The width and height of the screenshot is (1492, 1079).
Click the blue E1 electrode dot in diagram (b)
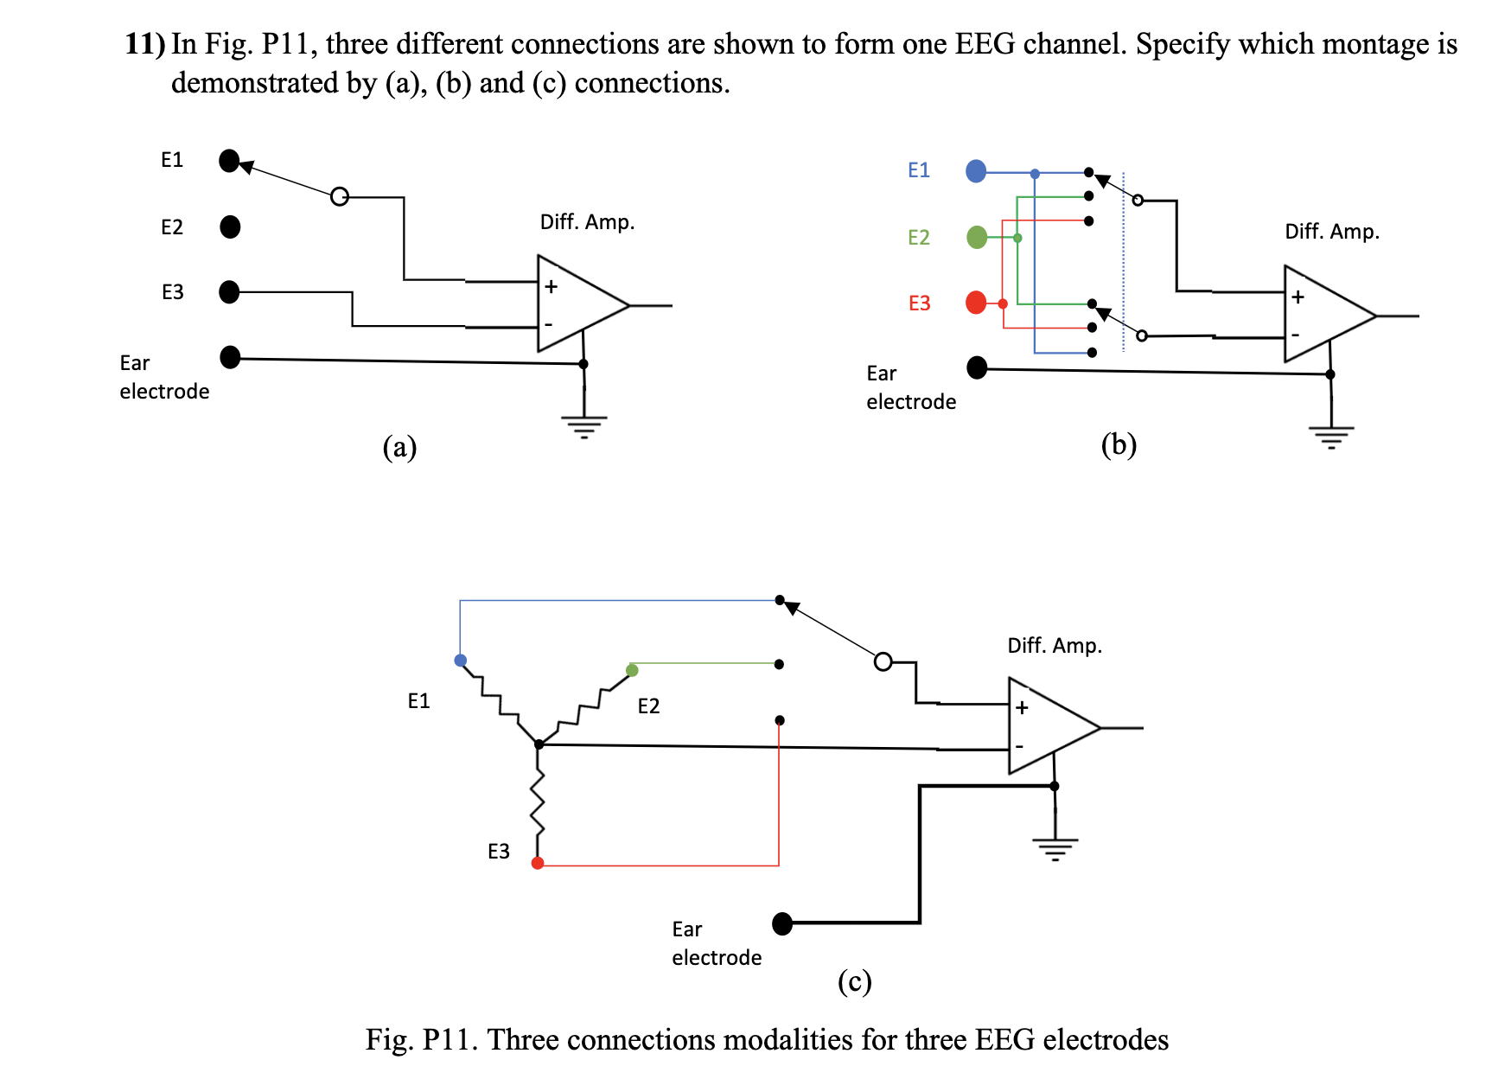976,171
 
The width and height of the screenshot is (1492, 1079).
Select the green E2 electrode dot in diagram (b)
977,237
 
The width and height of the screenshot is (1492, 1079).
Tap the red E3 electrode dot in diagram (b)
976,303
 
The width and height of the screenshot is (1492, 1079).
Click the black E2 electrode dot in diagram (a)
230,227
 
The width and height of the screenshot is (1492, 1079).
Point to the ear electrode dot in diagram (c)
782,923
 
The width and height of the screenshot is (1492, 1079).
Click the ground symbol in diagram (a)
584,426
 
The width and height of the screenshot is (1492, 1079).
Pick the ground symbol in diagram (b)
1331,437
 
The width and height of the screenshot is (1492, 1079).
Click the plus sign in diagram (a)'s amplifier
551,286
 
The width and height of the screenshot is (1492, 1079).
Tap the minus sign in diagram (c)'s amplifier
1020,745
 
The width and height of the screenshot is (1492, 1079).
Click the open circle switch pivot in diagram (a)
340,196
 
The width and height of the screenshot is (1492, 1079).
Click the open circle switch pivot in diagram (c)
883,662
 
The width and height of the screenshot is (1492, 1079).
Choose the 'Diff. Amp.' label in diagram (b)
1331,232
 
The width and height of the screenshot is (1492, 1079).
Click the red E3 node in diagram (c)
538,863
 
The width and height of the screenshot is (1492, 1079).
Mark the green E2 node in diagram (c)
632,670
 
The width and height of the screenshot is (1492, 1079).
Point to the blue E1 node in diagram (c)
460,661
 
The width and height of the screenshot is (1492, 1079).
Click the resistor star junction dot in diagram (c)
539,744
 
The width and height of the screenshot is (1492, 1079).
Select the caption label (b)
1119,444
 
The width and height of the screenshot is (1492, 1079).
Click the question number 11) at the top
144,43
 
